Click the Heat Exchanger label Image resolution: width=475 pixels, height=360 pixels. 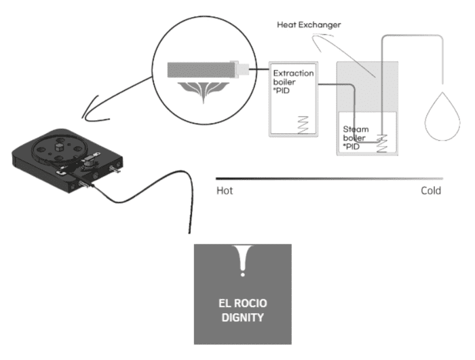[309, 24]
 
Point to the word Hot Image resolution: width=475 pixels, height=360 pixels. [225, 191]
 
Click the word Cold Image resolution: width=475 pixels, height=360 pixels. [430, 191]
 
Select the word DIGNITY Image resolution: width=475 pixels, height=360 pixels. [242, 316]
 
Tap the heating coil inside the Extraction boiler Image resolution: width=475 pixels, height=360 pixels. [303, 124]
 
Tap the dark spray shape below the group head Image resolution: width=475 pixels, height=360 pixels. [204, 92]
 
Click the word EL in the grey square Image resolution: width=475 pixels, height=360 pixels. [227, 302]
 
